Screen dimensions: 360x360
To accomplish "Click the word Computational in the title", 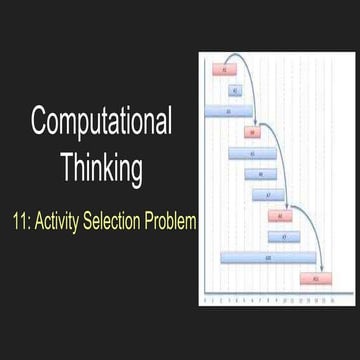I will tap(101, 123).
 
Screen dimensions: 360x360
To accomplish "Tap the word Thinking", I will tap(101, 166).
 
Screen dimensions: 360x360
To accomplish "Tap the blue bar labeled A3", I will tap(229, 111).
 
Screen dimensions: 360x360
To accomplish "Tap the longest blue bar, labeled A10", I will tap(268, 257).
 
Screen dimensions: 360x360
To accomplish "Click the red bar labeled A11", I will tap(316, 277).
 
